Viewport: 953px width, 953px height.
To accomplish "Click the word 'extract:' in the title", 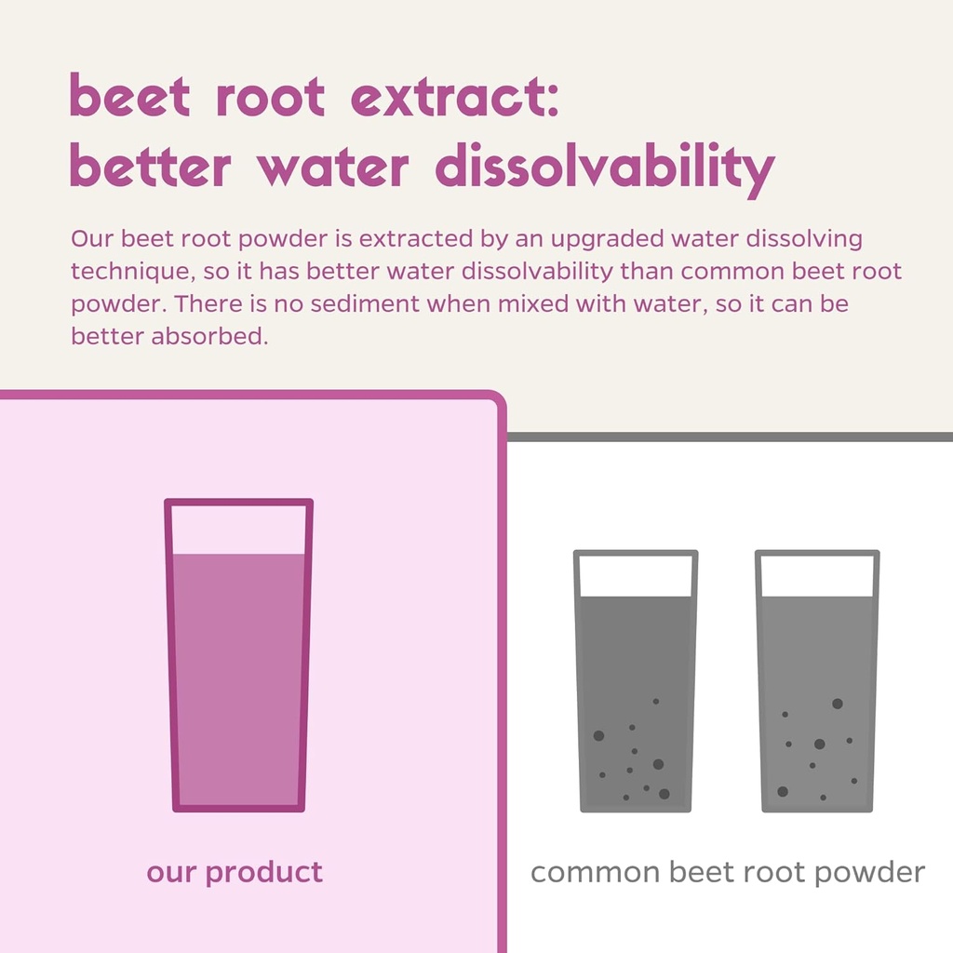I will (456, 98).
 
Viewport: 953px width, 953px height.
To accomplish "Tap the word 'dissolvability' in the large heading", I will (604, 168).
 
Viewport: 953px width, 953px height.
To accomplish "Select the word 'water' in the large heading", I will (332, 168).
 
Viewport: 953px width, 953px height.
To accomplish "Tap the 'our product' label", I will (235, 873).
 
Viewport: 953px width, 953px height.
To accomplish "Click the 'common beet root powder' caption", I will (728, 873).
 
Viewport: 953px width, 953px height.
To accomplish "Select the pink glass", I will (238, 655).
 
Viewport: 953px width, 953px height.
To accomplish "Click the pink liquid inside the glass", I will (238, 679).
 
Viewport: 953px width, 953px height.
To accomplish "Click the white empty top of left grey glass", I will (636, 575).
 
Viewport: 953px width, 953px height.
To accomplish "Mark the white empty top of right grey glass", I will (817, 575).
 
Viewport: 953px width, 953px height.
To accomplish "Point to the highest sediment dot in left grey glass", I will (655, 701).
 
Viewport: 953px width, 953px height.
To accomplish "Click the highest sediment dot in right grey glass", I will (837, 704).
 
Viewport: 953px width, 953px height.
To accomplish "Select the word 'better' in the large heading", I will (150, 168).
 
